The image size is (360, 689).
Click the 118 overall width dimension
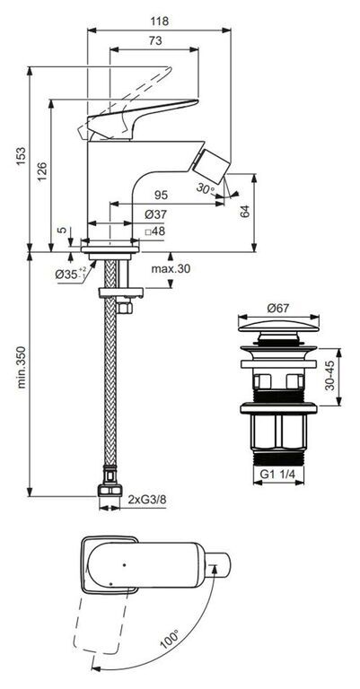pos(159,21)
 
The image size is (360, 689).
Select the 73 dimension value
pos(155,40)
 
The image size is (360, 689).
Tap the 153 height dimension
pos(21,156)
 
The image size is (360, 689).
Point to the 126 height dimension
pos(41,171)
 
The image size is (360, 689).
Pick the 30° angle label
pos(206,189)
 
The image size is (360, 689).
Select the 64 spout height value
pos(245,211)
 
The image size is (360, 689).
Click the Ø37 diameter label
pos(155,214)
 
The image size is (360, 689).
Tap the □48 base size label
pos(154,231)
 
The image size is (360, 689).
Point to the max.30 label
pos(171,269)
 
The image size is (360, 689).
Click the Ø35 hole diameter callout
pos(71,274)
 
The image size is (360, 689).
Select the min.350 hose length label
pos(21,367)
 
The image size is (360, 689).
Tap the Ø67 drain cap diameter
pos(278,308)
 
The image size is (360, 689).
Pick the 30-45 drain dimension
pos(330,377)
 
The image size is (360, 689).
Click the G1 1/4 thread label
pos(278,475)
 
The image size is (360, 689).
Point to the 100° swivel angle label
pos(170,640)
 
